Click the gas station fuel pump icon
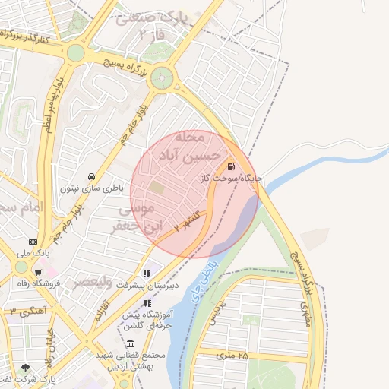pyautogui.click(x=229, y=166)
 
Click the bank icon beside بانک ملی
pyautogui.click(x=32, y=241)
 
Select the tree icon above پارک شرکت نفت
pyautogui.click(x=26, y=368)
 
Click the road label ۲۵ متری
pyautogui.click(x=232, y=355)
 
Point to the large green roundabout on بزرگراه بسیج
pyautogui.click(x=162, y=77)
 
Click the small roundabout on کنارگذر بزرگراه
pyautogui.click(x=75, y=52)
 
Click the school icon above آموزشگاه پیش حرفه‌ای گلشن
pyautogui.click(x=146, y=303)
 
